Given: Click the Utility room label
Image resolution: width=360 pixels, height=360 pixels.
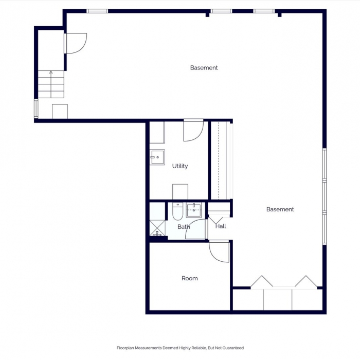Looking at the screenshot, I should coord(180,166).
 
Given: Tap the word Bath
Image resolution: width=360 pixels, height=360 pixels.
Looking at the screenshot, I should coord(184,227).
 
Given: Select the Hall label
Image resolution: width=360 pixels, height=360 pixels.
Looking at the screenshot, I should coord(221,226).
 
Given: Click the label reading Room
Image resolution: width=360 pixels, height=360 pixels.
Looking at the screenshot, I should coord(189,278).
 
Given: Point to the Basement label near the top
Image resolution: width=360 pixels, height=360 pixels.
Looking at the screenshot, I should coord(204,68).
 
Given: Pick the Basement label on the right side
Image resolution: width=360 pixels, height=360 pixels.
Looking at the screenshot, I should coord(280,209).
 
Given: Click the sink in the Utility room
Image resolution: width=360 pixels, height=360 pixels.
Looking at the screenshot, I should coord(157,156).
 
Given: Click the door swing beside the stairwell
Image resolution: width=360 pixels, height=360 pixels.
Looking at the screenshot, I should coord(75,43).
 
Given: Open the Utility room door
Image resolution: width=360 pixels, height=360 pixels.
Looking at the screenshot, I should coord(193,131).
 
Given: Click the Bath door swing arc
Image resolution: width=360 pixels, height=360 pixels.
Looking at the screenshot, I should coord(196,229).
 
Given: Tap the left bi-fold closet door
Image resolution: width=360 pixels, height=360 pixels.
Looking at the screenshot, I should coord(261,281).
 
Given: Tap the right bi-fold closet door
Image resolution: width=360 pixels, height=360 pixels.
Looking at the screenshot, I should coord(307,281).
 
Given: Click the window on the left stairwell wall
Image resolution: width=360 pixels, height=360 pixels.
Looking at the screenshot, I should coord(36,109).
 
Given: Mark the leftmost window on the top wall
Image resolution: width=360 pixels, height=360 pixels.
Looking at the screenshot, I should coord(97,11).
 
